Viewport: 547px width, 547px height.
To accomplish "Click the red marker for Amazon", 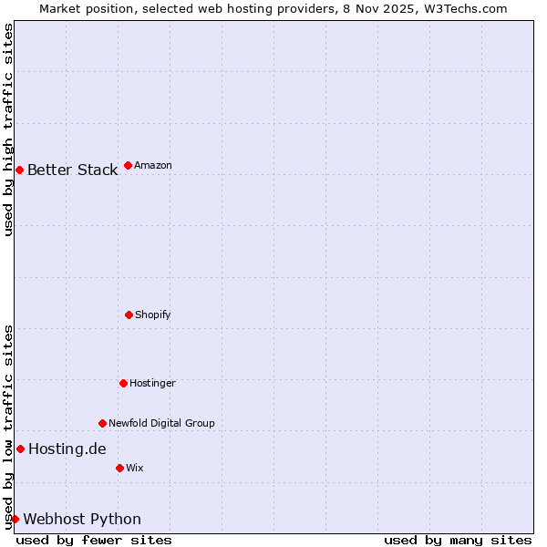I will (x=128, y=165).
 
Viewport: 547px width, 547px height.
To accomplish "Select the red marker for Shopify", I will (x=129, y=315).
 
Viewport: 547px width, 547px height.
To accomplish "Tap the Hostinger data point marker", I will (x=123, y=383).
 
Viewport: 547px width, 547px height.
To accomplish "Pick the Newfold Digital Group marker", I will (x=102, y=423).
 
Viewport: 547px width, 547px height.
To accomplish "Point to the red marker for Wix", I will (x=119, y=468).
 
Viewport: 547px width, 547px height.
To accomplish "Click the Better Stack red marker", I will (x=19, y=170).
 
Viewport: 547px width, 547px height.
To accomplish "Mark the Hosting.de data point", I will (x=20, y=449).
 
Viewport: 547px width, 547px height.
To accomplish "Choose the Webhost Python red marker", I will (x=15, y=519).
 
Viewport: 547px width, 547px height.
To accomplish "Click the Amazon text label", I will (x=153, y=165).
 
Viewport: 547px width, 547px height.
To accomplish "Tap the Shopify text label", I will (x=153, y=315).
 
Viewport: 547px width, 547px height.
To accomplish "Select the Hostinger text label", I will (x=152, y=383).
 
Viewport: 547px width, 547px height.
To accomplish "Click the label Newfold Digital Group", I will (x=161, y=423).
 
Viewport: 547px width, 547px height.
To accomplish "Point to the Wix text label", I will (x=135, y=468).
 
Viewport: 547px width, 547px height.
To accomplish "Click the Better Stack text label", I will (x=72, y=170).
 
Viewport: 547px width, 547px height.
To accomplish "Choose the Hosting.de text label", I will (x=67, y=449).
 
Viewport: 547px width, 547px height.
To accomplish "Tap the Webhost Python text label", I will (x=82, y=519).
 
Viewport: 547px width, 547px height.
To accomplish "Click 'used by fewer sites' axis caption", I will (x=94, y=540).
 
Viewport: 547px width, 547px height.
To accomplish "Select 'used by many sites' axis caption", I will (x=458, y=540).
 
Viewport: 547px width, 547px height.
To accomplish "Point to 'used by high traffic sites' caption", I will (x=8, y=129).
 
